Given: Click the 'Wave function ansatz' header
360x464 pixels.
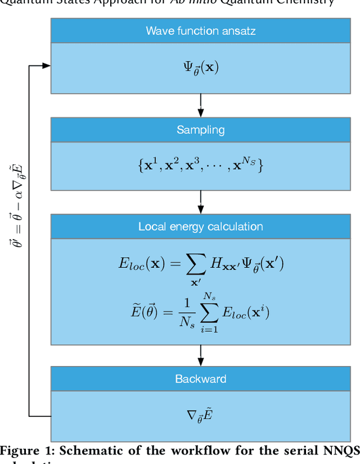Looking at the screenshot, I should tap(201, 30).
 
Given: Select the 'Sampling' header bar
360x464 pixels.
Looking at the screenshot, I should tap(201, 130).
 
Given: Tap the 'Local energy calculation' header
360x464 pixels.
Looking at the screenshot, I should tap(201, 227).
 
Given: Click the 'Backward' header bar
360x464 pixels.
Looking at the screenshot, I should tap(201, 379).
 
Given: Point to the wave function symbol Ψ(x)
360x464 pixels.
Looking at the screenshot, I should tap(201, 68).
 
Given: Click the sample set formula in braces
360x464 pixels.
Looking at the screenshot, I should tap(201, 164).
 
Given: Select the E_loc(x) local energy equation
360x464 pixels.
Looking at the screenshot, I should tap(201, 265).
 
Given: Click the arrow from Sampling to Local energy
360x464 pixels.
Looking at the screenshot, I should tap(201, 201).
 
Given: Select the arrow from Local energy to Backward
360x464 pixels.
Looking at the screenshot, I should tap(201, 354).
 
